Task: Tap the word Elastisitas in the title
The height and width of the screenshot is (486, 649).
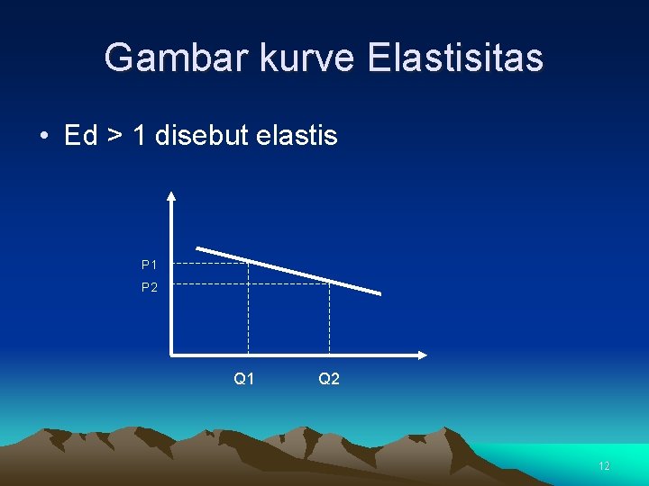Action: pyautogui.click(x=455, y=58)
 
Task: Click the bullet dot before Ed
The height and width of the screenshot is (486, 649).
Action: pyautogui.click(x=43, y=137)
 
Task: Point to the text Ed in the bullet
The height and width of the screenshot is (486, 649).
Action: pyautogui.click(x=80, y=136)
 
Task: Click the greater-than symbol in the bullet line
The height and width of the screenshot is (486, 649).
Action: pyautogui.click(x=114, y=137)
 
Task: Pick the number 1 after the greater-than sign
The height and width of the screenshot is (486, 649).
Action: pyautogui.click(x=139, y=136)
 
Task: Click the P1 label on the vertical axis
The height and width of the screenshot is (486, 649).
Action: pyautogui.click(x=150, y=265)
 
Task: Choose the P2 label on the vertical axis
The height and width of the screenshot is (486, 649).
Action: pyautogui.click(x=150, y=288)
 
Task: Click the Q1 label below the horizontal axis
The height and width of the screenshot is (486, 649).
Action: pyautogui.click(x=243, y=380)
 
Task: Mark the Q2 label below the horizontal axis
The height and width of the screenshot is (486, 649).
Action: pyautogui.click(x=329, y=380)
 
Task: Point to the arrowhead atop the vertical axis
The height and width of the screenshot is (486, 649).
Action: pyautogui.click(x=171, y=194)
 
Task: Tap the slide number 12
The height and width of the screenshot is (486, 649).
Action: pyautogui.click(x=604, y=466)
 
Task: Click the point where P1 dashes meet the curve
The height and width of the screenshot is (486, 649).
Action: pyautogui.click(x=248, y=262)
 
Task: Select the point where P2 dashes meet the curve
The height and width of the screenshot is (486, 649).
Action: pyautogui.click(x=329, y=283)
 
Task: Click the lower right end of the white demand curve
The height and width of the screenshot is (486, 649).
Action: pyautogui.click(x=379, y=293)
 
